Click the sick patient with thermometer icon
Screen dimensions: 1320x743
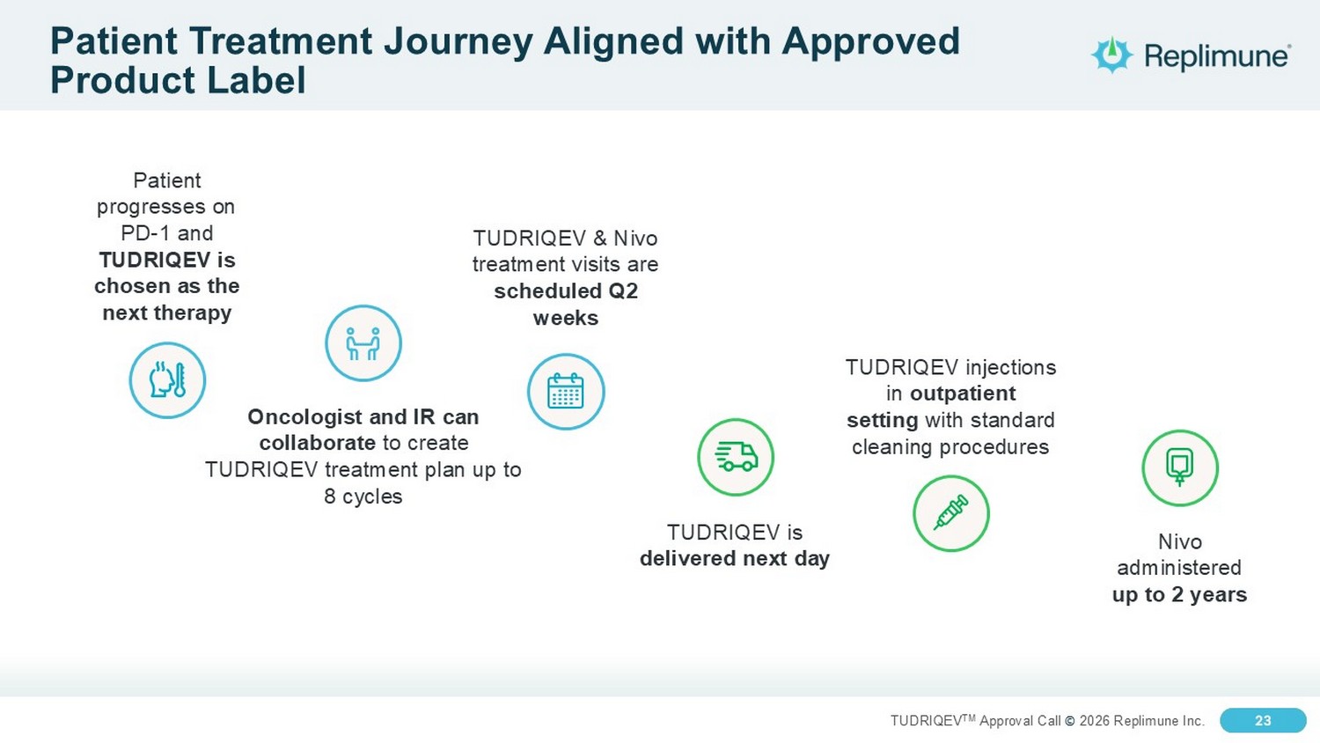click(167, 380)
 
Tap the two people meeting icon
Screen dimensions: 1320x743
click(363, 343)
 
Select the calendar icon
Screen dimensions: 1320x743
click(566, 392)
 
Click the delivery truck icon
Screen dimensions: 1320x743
click(736, 457)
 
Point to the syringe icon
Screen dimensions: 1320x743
click(951, 513)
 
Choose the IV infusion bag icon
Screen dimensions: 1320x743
click(1180, 468)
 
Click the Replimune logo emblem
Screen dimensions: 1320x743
click(1111, 55)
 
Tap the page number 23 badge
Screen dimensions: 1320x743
click(1263, 721)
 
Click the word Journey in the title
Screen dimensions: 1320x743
click(458, 42)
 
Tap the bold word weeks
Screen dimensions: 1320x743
click(566, 318)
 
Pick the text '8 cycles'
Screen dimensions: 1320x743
click(363, 497)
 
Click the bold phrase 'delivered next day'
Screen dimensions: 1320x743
click(735, 558)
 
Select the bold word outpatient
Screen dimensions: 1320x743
click(963, 394)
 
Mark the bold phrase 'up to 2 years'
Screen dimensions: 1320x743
click(1180, 594)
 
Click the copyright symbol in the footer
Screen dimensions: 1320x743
click(1070, 721)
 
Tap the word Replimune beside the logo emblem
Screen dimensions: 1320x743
click(1216, 56)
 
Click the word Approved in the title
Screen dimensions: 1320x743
click(871, 42)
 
